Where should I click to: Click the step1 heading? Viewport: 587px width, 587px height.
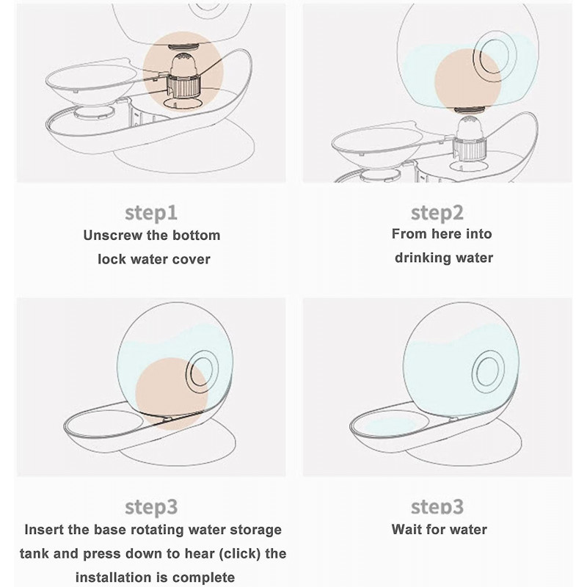click(151, 214)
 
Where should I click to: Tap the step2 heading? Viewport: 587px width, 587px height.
click(437, 214)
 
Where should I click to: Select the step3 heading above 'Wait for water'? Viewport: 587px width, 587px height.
click(437, 507)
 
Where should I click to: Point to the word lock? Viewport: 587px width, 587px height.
click(112, 259)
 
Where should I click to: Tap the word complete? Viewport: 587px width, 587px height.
click(204, 577)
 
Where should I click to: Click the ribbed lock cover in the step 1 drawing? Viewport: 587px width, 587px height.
click(183, 86)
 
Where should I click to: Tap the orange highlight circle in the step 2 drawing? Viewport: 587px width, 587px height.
click(468, 81)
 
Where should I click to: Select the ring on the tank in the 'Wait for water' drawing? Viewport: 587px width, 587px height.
click(488, 372)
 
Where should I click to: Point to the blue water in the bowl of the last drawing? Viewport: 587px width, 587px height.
click(390, 426)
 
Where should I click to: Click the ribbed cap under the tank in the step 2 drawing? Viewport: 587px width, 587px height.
click(470, 147)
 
